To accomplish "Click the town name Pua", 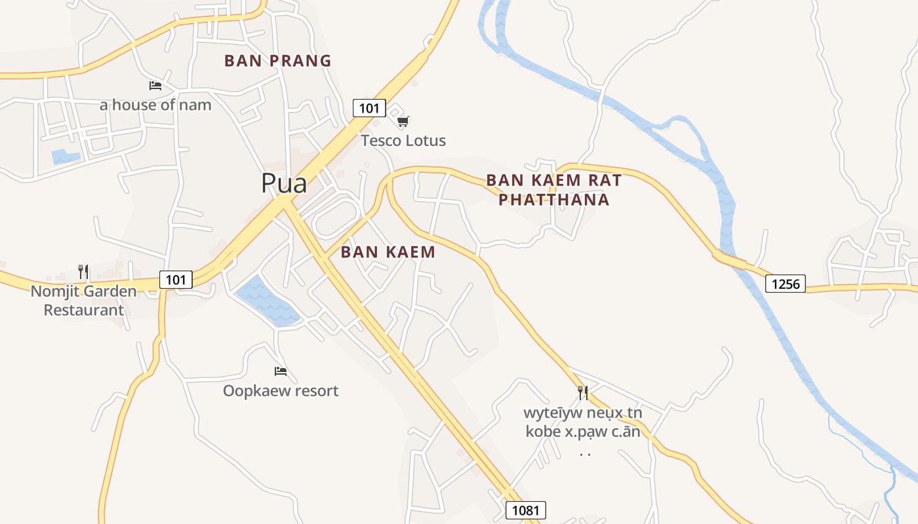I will tap(284, 183).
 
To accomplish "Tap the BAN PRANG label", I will tap(277, 61).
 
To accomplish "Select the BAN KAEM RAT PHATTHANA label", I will tap(553, 189).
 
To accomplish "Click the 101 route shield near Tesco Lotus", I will tap(369, 107).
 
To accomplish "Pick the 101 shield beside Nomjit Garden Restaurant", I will tap(176, 280).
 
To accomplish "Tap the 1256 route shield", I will tap(786, 284).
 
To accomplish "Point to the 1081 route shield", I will tap(526, 510).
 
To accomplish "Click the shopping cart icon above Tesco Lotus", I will tap(403, 121).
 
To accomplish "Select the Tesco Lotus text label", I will tap(403, 141).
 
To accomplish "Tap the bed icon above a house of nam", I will tap(155, 86).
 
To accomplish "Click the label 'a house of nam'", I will tap(155, 105).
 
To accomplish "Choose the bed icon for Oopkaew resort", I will tap(281, 371).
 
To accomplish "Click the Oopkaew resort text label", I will tap(281, 391).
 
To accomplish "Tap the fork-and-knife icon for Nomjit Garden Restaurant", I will tap(83, 271).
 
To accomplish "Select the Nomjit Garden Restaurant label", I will tap(84, 301).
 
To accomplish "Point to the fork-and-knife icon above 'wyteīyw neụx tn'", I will tap(582, 393).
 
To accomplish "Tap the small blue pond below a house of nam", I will tap(65, 157).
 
